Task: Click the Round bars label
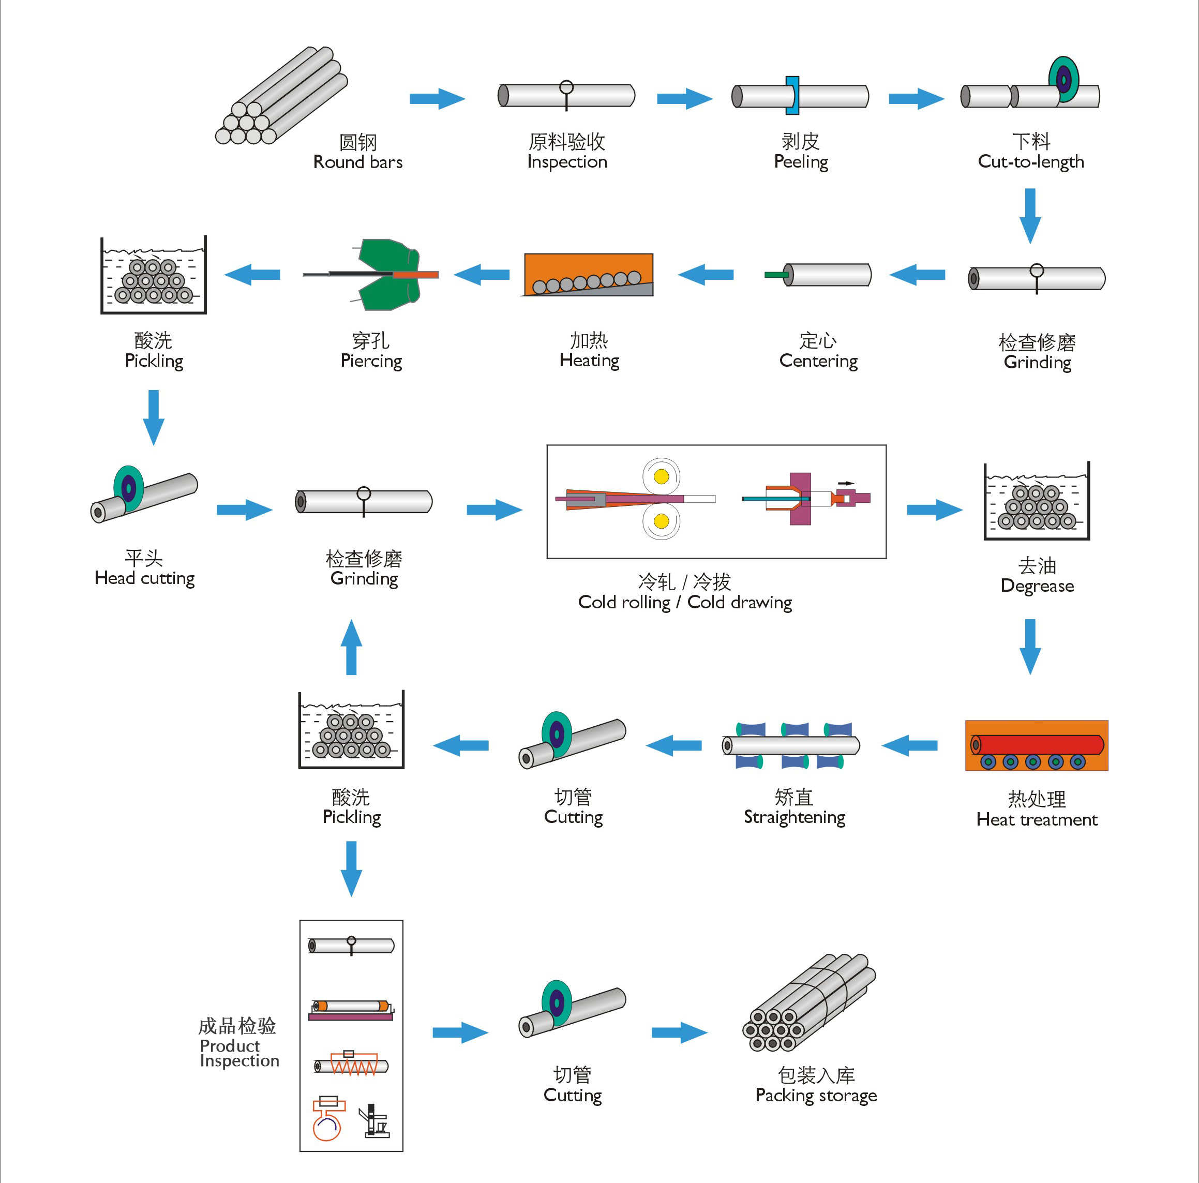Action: pyautogui.click(x=357, y=162)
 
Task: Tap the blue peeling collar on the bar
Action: pyautogui.click(x=792, y=96)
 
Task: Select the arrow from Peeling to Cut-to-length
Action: pyautogui.click(x=916, y=99)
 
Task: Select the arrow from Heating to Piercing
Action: pyautogui.click(x=482, y=274)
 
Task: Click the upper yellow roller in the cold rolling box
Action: pyautogui.click(x=662, y=477)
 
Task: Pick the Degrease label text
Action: pyautogui.click(x=1037, y=586)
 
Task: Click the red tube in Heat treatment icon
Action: pyautogui.click(x=1037, y=744)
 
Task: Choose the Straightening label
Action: pyautogui.click(x=795, y=817)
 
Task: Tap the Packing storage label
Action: pyautogui.click(x=816, y=1095)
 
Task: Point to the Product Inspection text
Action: pyautogui.click(x=239, y=1053)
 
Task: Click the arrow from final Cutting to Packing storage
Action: pyautogui.click(x=680, y=1032)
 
